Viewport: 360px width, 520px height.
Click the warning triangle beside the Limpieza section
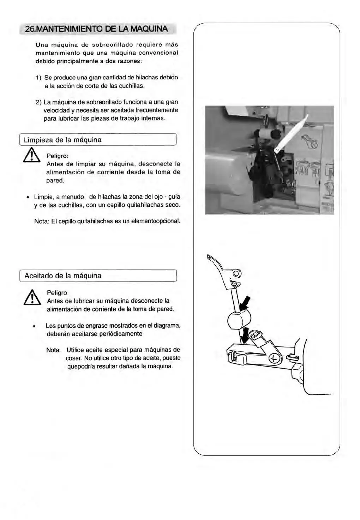31,156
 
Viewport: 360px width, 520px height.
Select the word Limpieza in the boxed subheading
39,140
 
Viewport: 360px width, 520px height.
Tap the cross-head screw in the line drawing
275,359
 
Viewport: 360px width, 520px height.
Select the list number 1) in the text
39,77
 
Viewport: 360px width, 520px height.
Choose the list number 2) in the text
39,102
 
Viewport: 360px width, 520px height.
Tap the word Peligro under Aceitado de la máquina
58,293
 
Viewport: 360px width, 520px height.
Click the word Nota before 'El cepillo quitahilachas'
42,222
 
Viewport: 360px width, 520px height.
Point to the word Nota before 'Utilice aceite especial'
53,350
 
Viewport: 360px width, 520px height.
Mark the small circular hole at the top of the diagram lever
236,273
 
